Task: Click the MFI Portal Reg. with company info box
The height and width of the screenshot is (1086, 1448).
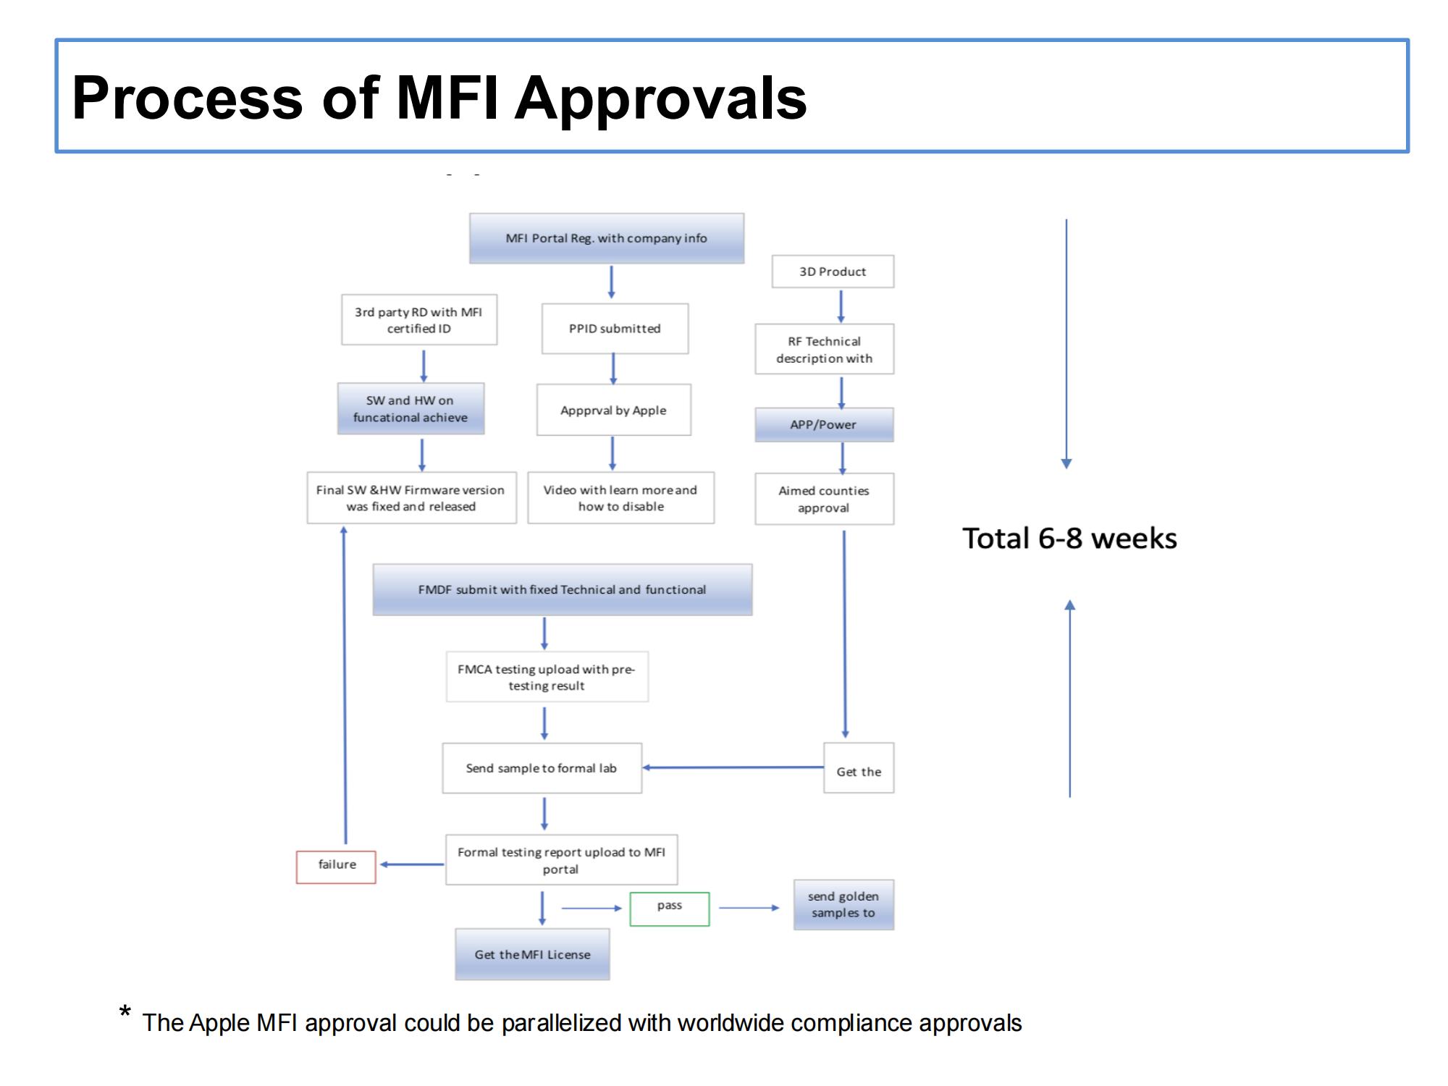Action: [606, 238]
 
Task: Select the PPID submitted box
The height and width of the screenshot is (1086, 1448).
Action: [615, 329]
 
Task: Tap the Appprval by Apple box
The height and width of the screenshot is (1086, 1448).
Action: [613, 410]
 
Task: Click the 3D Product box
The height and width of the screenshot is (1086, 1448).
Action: [833, 271]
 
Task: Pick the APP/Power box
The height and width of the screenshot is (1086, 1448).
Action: [824, 425]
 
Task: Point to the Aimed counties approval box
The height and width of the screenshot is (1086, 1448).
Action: [824, 499]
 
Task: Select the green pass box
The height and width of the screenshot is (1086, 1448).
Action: [669, 909]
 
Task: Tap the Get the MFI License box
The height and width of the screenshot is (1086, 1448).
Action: [532, 955]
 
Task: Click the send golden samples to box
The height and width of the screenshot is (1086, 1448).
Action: [843, 905]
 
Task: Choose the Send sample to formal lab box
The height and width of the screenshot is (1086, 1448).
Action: [542, 768]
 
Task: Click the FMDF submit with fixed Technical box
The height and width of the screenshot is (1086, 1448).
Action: [562, 590]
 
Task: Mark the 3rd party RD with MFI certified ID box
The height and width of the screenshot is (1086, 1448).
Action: [418, 320]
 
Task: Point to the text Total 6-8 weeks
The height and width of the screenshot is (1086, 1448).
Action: [1069, 539]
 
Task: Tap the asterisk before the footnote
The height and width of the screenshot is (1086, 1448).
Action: [125, 1011]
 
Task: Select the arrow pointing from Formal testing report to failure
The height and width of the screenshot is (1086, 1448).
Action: [411, 864]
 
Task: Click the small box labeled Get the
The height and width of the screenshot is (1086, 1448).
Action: [859, 768]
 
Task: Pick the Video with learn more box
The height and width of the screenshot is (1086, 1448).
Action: [620, 498]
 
